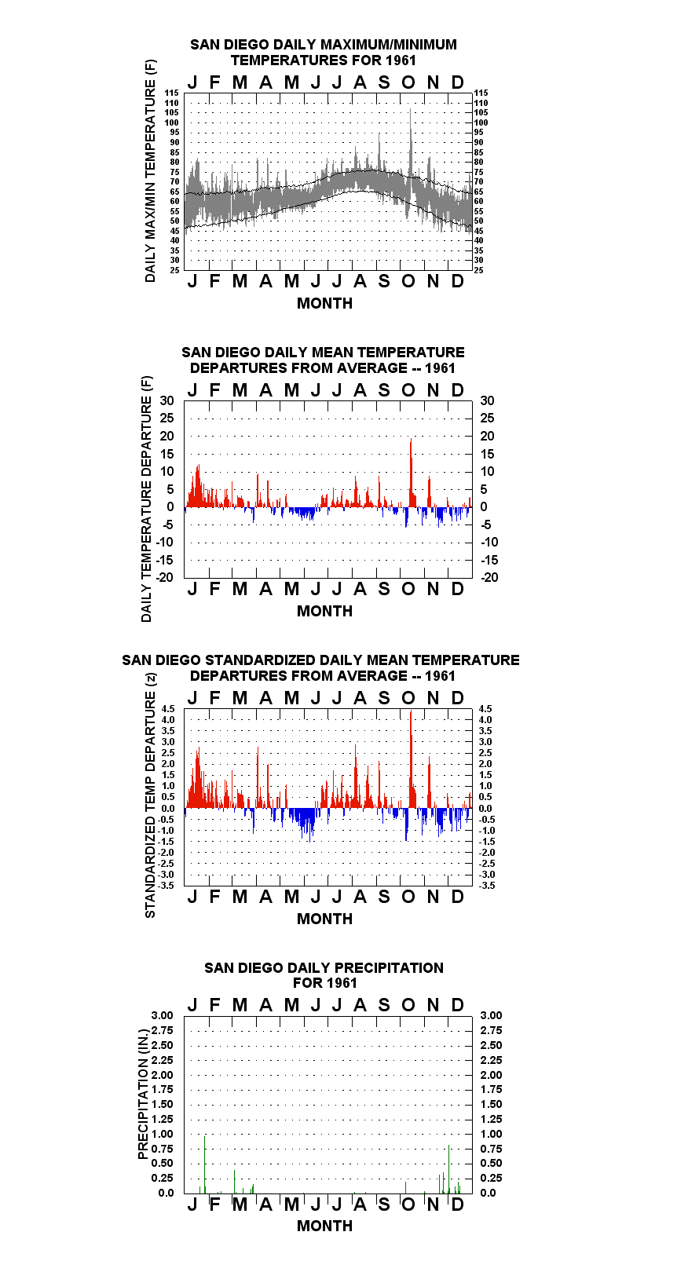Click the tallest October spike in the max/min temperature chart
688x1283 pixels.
(410, 143)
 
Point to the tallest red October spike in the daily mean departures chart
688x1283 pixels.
(411, 473)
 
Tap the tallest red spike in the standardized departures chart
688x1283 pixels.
(411, 759)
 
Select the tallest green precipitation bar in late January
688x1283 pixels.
(204, 1164)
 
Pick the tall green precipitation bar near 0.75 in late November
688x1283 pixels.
(449, 1170)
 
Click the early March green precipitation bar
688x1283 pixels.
(234, 1182)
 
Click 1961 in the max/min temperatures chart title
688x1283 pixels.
(401, 60)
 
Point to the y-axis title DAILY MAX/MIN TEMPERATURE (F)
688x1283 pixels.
(150, 170)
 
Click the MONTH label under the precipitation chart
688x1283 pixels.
(325, 1226)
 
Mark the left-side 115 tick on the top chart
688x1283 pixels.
(172, 93)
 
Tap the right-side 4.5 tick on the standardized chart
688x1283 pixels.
(485, 709)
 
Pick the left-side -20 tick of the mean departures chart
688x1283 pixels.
(165, 577)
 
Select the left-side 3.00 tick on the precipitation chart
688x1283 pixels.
(162, 1015)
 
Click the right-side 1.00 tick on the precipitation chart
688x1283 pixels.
(491, 1134)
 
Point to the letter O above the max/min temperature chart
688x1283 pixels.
(408, 83)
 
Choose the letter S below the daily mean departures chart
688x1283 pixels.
(384, 590)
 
